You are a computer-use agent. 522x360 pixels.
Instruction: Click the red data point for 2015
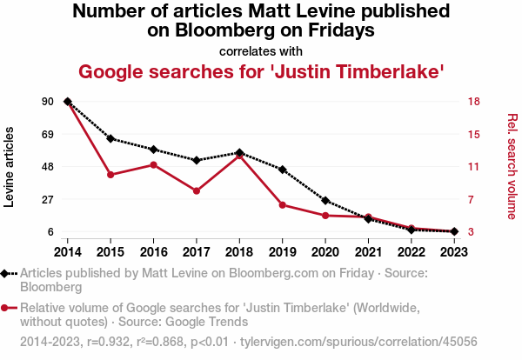coord(110,175)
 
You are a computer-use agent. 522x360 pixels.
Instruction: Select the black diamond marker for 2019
coord(283,169)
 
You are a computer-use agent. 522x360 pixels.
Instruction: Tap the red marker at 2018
coord(239,156)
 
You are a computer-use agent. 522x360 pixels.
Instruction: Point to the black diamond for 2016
coord(153,150)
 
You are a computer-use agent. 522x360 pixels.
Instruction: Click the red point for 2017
coord(197,190)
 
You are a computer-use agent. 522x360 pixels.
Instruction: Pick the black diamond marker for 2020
coord(325,201)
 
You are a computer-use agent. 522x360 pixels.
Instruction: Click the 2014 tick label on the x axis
coord(67,251)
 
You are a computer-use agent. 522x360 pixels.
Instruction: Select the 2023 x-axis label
coord(454,251)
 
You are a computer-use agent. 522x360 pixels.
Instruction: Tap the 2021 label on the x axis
coord(368,251)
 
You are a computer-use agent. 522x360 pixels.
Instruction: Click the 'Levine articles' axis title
coord(10,167)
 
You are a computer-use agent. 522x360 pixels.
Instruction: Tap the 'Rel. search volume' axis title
coord(512,167)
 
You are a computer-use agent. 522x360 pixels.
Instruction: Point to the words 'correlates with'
coord(261,50)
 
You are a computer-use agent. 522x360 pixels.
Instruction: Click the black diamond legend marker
coord(7,273)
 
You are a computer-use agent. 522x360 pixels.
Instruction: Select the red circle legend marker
coord(7,308)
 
